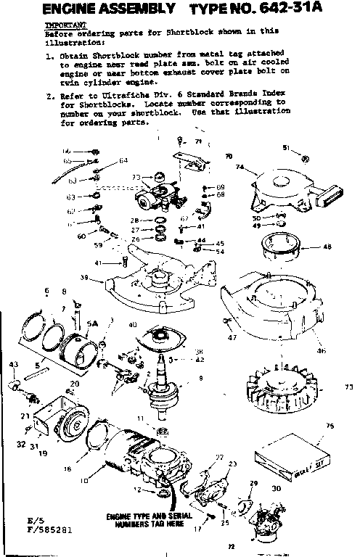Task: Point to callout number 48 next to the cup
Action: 327,247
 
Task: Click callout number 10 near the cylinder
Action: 84,481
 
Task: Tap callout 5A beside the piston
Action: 92,325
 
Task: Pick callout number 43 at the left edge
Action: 13,363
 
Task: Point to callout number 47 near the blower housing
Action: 233,337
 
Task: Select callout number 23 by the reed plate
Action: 233,463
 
